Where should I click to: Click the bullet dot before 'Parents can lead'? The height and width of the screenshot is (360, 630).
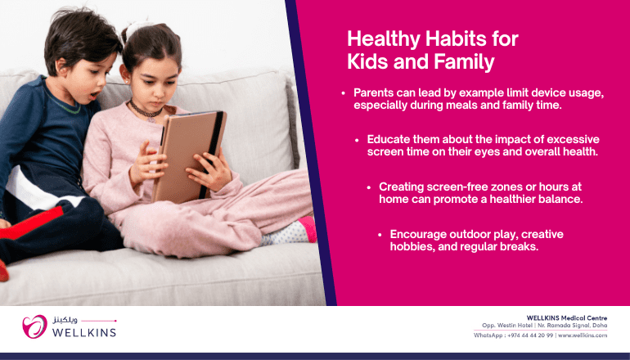pos(343,93)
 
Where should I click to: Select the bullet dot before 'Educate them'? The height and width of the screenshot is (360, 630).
pos(357,140)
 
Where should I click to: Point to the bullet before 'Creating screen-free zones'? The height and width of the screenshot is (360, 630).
pos(369,187)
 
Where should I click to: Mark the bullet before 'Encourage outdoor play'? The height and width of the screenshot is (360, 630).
pos(380,235)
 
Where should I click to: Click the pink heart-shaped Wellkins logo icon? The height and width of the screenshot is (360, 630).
pos(34,326)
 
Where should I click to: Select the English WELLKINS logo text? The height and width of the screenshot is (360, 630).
pos(84,333)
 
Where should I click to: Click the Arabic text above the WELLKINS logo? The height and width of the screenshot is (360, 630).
pos(65,321)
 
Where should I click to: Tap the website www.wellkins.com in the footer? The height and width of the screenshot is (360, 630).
pos(583,335)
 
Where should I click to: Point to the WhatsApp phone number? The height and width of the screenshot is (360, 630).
pos(530,335)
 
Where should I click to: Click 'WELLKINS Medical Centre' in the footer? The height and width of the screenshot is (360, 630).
pos(567,318)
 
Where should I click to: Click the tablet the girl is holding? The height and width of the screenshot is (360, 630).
pos(189,157)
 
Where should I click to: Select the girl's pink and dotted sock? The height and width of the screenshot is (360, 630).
pos(290,232)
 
